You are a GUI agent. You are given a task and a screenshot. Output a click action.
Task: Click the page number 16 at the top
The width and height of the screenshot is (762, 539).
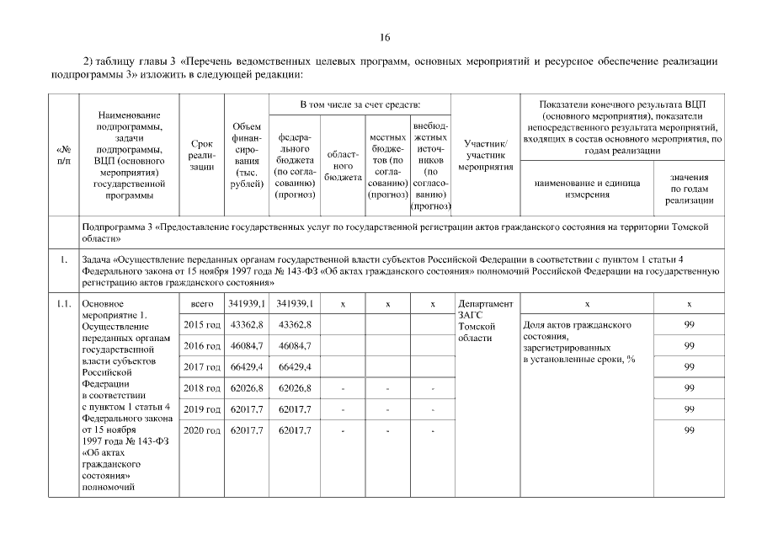point(384,37)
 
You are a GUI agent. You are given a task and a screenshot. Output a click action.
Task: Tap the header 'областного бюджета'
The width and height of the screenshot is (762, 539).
point(343,166)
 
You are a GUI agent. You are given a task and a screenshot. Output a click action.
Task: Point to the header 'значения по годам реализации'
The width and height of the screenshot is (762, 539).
point(689,189)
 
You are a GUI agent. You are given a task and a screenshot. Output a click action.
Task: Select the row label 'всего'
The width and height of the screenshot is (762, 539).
point(202,303)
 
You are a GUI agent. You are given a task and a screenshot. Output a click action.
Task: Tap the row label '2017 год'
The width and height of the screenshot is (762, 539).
point(202,367)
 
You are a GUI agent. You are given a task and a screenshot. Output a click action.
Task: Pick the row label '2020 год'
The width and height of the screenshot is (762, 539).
point(202,430)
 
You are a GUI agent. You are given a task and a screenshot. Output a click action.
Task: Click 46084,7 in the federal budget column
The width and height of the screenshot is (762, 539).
point(295,346)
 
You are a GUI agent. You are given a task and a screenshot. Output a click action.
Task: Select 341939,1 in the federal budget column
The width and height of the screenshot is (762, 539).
point(295,303)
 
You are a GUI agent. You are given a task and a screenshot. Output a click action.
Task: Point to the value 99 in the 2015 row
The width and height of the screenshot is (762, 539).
point(689,325)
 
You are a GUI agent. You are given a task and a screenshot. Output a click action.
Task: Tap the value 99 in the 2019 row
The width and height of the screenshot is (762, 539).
point(689,409)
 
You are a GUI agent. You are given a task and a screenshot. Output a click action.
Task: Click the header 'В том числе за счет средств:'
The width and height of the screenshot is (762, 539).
point(360,104)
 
